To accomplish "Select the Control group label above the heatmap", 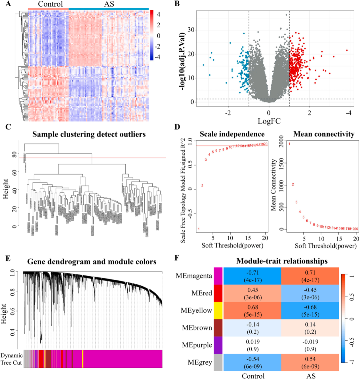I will (x=50, y=4).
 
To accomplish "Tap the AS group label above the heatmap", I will (x=108, y=4).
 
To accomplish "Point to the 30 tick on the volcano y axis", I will (x=191, y=30).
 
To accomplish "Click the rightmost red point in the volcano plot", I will (x=347, y=50).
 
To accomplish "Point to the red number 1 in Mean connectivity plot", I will (x=289, y=144).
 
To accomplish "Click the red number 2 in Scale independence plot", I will (x=202, y=186).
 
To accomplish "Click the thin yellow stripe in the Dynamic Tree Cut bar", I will (x=83, y=359).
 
